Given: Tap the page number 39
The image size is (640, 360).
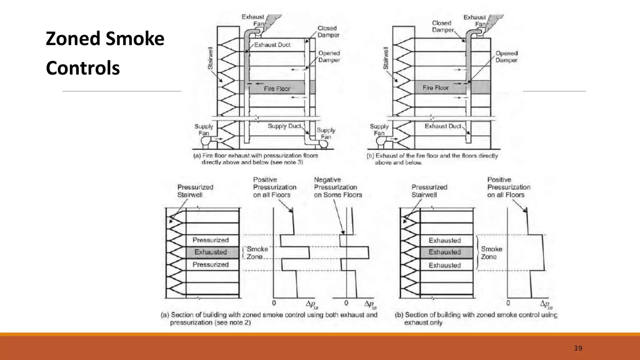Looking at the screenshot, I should [x=578, y=348].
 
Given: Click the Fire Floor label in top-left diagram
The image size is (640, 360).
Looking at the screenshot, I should [x=277, y=89].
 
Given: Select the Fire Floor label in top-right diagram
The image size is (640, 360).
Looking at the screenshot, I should [x=436, y=88].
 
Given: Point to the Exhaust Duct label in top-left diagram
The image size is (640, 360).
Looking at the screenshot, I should [x=272, y=45].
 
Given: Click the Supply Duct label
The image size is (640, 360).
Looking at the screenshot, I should [x=284, y=126].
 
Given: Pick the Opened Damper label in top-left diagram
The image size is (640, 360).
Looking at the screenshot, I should [x=329, y=57].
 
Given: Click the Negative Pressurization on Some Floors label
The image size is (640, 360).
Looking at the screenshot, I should [x=337, y=187].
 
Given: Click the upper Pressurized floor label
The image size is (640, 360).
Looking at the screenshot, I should [x=210, y=240].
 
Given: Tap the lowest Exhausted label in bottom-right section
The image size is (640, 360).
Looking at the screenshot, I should [x=444, y=265].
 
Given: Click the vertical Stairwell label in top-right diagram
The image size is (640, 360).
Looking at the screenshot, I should [x=386, y=58].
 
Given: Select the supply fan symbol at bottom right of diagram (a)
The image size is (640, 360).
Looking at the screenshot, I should [x=323, y=144].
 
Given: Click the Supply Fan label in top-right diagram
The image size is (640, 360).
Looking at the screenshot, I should [x=379, y=130].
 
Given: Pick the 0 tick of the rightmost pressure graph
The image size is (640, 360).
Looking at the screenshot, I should [x=508, y=303].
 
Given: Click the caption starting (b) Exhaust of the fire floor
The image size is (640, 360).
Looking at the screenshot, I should [x=432, y=159].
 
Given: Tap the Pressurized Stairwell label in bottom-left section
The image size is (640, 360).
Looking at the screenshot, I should [x=195, y=191].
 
